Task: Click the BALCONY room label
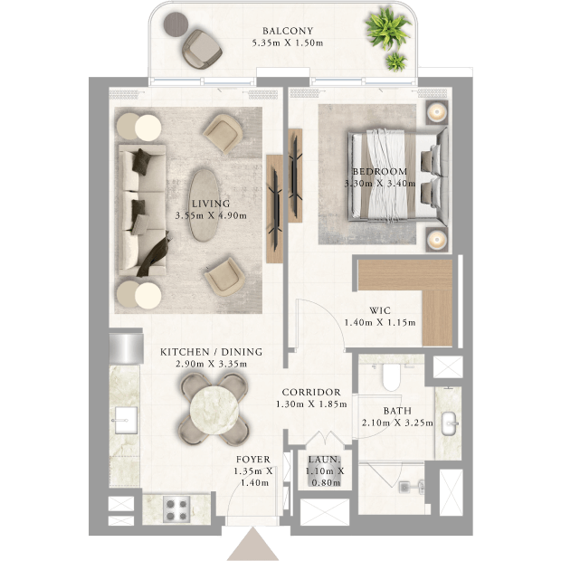coord(288,31)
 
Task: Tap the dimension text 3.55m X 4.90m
coord(211,215)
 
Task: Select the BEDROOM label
coord(380,171)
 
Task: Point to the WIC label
coord(380,310)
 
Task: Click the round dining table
coord(214,410)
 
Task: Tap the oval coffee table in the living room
coord(204,205)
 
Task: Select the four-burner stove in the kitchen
coord(176,509)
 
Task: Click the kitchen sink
coord(125,421)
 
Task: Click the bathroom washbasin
coord(450,423)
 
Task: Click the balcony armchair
coord(202,49)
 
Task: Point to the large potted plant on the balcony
coord(387,29)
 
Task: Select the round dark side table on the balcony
coord(176,24)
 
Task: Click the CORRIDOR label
coord(311,392)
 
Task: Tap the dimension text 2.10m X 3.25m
coord(397,423)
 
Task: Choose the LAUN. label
coord(325,460)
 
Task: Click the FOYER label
coord(253,460)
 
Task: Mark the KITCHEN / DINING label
coord(211,352)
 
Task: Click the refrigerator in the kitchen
coord(127,348)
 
